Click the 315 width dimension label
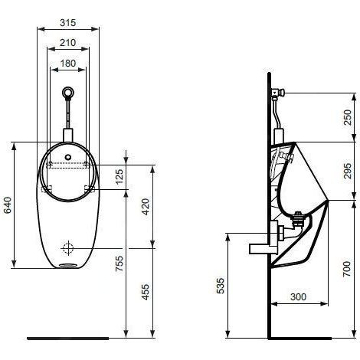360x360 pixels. [68, 23]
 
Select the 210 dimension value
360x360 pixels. [68, 42]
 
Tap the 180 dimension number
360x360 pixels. [68, 63]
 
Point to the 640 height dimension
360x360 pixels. [8, 205]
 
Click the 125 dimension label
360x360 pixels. [119, 176]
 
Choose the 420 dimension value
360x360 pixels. [146, 207]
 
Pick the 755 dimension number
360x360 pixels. [119, 263]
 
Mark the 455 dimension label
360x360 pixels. [146, 292]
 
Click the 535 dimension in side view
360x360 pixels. [221, 286]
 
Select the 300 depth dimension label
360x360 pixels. [298, 296]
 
